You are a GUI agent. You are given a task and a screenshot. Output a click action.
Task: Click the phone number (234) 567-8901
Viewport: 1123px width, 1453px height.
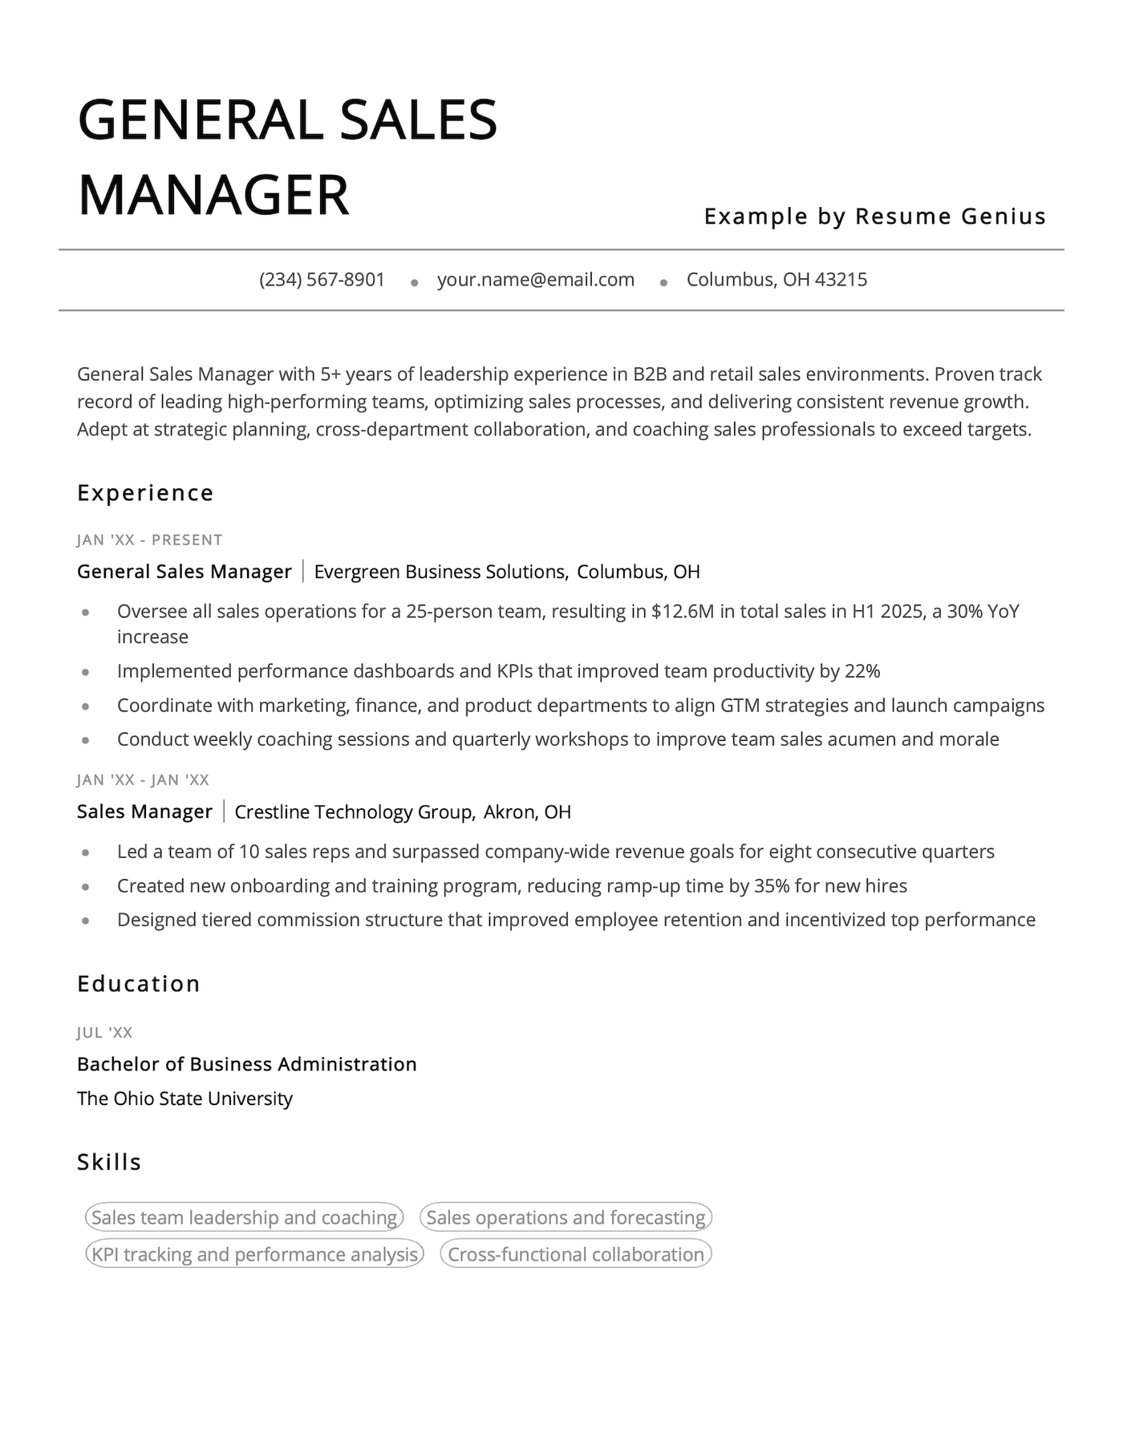coord(322,280)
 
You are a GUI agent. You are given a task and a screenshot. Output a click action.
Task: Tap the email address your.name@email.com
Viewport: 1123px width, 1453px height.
coord(535,280)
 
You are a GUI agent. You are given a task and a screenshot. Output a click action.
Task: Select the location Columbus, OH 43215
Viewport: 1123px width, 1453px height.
coord(776,280)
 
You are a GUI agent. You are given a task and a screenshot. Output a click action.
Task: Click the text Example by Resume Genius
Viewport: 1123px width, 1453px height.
coord(874,217)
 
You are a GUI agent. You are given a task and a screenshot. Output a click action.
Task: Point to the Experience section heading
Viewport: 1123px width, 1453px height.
coord(145,493)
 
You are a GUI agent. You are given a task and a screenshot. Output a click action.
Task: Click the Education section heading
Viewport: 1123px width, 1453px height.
coord(138,984)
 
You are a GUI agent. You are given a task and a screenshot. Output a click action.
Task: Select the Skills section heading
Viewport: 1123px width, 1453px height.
coord(109,1162)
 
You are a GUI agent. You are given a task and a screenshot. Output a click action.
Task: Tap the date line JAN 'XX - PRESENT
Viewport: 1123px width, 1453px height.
coord(149,540)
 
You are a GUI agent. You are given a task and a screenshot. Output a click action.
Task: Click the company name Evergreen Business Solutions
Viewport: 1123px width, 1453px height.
coord(440,572)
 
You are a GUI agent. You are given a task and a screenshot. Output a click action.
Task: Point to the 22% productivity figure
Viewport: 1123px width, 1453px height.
coord(862,671)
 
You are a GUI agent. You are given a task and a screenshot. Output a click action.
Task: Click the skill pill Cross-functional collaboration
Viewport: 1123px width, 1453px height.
coord(575,1254)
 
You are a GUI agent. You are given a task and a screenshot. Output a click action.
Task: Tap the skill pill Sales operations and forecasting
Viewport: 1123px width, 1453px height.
coord(566,1217)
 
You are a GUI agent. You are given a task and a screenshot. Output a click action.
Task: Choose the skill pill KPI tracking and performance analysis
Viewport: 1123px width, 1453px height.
coord(254,1254)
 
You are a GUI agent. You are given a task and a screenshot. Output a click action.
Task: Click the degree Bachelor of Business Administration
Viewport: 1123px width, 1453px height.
coord(246,1064)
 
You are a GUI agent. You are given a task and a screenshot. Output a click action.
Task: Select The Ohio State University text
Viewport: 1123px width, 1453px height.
coord(184,1099)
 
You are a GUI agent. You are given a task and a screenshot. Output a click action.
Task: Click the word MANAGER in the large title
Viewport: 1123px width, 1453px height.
coord(213,195)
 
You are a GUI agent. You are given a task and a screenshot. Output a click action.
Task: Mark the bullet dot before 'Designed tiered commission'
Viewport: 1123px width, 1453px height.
coord(85,921)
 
